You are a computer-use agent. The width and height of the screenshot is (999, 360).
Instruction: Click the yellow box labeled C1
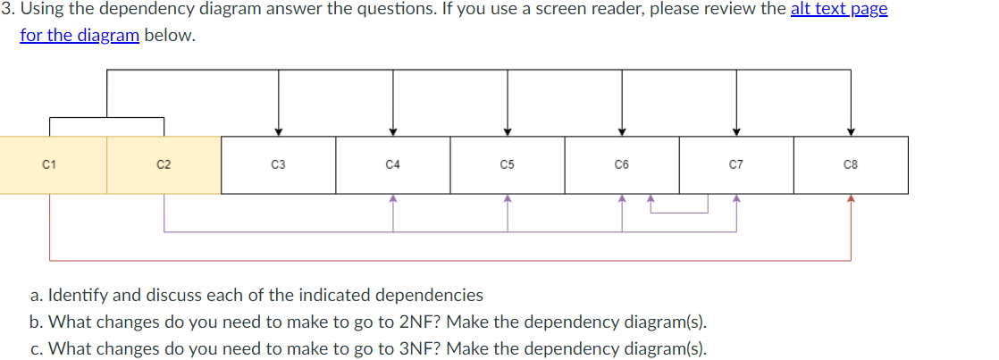coord(49,164)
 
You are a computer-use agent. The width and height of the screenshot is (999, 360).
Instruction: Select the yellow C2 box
coord(164,164)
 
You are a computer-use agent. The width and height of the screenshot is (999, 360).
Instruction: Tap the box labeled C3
coord(278,164)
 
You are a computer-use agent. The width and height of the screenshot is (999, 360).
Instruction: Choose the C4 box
coord(392,164)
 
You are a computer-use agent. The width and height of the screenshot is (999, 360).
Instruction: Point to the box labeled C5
coord(507,164)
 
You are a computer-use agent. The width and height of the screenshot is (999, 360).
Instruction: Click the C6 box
coord(621,164)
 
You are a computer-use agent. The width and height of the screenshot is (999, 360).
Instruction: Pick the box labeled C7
coord(735,164)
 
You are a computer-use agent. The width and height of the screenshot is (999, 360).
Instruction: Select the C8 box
coord(851,164)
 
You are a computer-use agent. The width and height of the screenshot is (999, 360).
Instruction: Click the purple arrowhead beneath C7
coord(735,198)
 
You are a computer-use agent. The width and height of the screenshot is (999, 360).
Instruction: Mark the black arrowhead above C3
coord(278,131)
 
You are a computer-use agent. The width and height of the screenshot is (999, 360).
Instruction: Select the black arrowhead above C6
coord(621,131)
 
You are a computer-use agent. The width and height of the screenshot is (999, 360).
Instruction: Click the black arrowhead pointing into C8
coord(851,131)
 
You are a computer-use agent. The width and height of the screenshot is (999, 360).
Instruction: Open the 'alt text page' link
coord(838,10)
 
